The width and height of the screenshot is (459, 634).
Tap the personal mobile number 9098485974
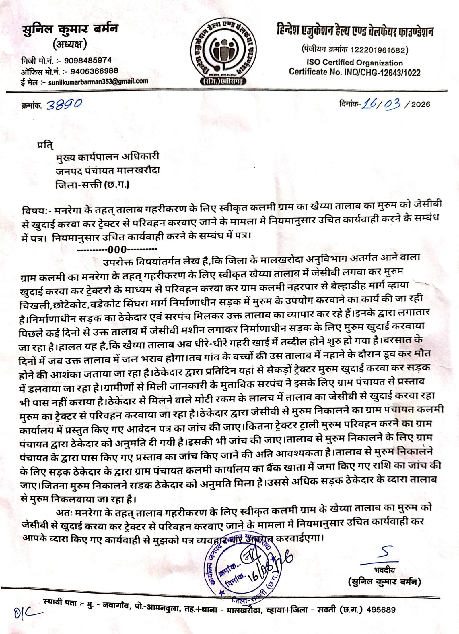(88, 61)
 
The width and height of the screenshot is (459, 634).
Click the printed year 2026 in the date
(421, 104)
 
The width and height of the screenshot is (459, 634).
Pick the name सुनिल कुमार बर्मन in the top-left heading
(70, 29)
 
